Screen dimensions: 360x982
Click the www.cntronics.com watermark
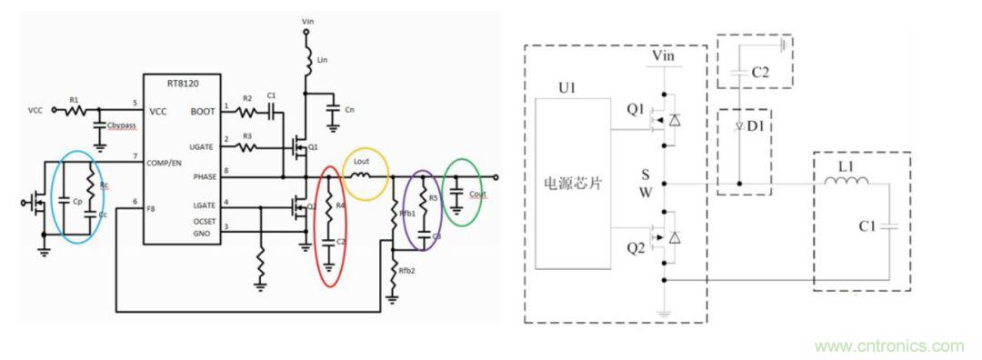(889, 346)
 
